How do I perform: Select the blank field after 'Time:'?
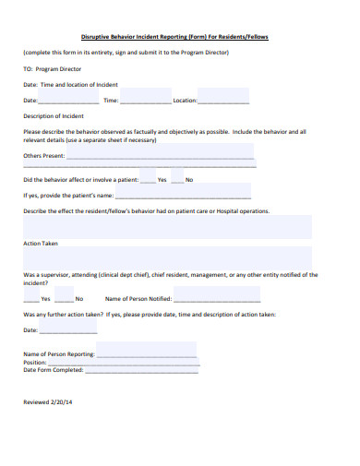(x=145, y=100)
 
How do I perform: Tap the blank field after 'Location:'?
(x=223, y=100)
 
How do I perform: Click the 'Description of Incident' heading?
(x=53, y=116)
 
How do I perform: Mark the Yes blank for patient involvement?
(x=150, y=180)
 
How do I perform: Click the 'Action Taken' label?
(x=41, y=244)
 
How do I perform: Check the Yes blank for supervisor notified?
(x=30, y=299)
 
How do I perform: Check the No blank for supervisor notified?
(x=64, y=299)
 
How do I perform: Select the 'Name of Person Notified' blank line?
(x=216, y=299)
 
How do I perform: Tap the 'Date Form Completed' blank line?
(x=140, y=370)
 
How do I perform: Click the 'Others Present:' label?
(x=44, y=157)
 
